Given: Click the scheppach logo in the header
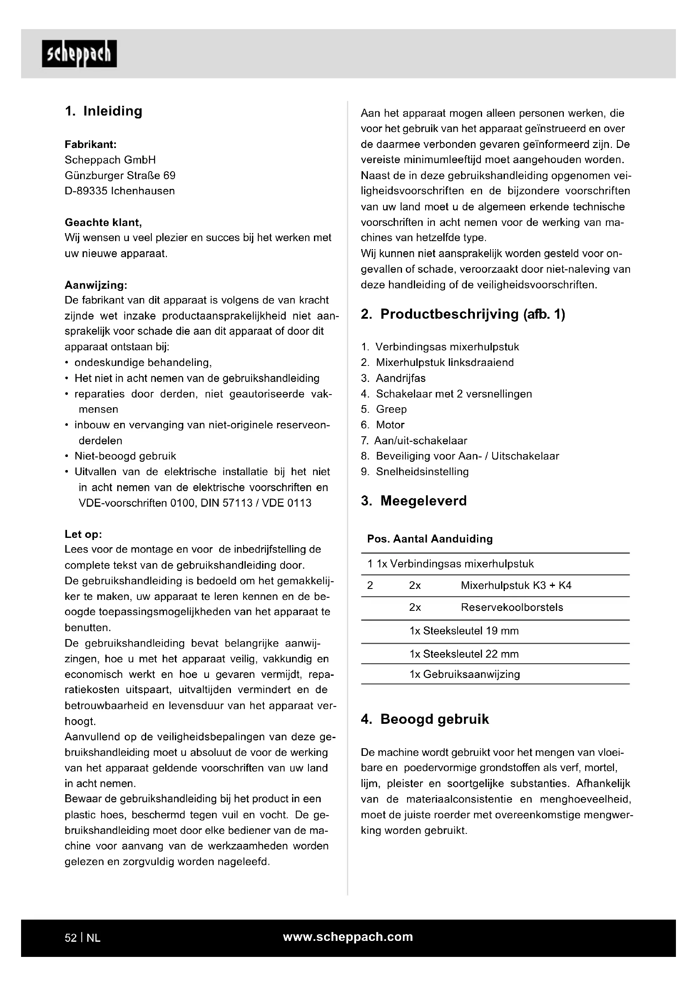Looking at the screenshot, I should point(79,54).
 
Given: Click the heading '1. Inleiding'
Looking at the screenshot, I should point(103,111).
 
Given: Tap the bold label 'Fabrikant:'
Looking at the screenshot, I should point(91,144).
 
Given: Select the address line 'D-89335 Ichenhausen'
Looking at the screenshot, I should point(120,191).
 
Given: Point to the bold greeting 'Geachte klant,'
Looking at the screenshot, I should point(103,223).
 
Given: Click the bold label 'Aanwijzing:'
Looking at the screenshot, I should point(96,285).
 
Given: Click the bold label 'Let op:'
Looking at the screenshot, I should point(83,534).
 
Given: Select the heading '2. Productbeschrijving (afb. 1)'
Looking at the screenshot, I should point(463,314).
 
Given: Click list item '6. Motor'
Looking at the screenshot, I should point(383,425).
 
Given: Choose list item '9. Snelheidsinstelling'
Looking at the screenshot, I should point(415,472).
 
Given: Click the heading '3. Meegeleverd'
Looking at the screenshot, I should point(414,501).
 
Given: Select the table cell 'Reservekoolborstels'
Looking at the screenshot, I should point(512,607).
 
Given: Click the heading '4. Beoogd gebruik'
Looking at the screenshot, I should point(425,719).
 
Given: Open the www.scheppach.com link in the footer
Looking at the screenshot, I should point(348,937).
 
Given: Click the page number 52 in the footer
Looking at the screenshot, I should point(71,938).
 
